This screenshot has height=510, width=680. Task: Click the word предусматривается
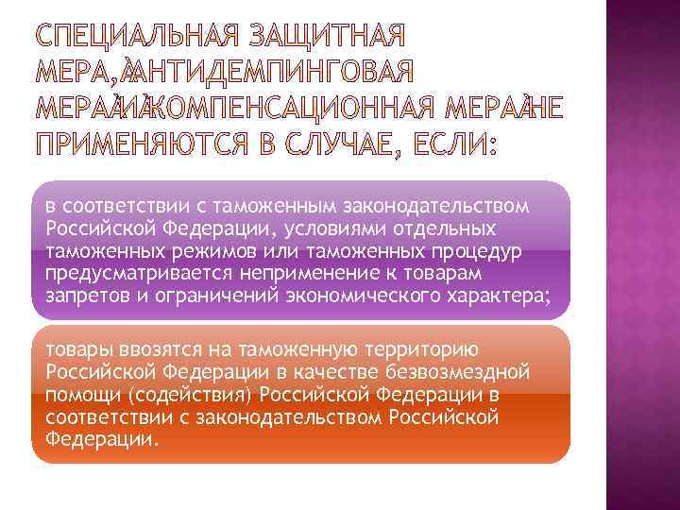(132, 274)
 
